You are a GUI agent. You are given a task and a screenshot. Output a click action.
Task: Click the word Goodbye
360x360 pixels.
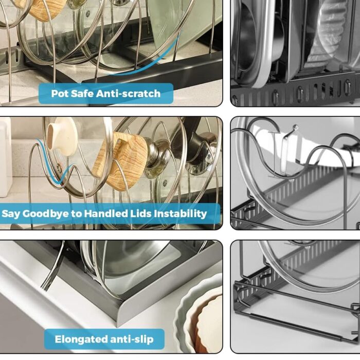coord(46,214)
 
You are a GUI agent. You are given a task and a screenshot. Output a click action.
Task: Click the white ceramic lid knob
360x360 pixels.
coord(62,137)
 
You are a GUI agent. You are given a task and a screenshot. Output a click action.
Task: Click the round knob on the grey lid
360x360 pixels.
coord(295,127)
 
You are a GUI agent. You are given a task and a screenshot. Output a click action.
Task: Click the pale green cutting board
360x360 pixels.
coord(174,23)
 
